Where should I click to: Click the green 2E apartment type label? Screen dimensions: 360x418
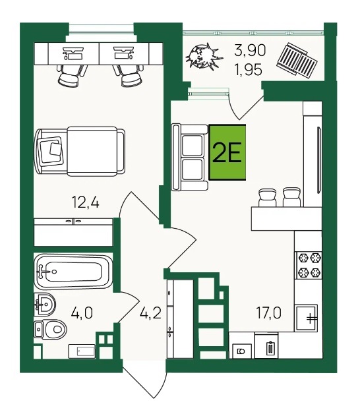pyautogui.click(x=227, y=152)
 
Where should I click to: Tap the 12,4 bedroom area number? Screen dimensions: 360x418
pyautogui.click(x=86, y=202)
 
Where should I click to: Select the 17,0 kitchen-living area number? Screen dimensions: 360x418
pyautogui.click(x=269, y=313)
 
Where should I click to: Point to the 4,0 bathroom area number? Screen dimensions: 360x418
pyautogui.click(x=82, y=313)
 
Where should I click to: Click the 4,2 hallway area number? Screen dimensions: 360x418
pyautogui.click(x=151, y=313)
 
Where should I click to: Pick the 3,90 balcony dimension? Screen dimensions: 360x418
pyautogui.click(x=250, y=50)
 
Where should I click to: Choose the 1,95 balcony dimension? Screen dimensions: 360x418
pyautogui.click(x=249, y=70)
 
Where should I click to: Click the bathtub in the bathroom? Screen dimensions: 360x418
pyautogui.click(x=73, y=272)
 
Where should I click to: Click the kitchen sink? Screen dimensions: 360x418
pyautogui.click(x=306, y=318)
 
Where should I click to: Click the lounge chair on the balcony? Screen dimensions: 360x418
pyautogui.click(x=297, y=61)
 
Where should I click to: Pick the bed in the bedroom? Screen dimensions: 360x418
pyautogui.click(x=80, y=151)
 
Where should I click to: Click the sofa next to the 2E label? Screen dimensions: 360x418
pyautogui.click(x=190, y=157)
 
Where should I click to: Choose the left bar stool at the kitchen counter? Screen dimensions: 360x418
pyautogui.click(x=268, y=198)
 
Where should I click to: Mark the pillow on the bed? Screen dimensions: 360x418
pyautogui.click(x=51, y=150)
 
